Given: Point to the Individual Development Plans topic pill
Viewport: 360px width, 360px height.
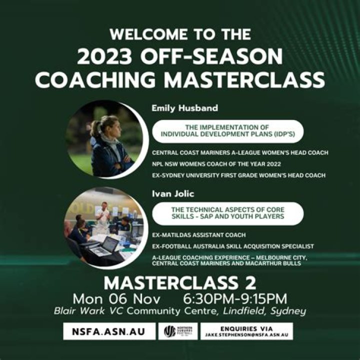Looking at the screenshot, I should click(x=227, y=131).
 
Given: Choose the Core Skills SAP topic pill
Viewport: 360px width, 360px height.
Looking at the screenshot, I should click(x=227, y=213).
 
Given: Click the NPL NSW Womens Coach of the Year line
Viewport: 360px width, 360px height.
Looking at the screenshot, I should click(x=217, y=163).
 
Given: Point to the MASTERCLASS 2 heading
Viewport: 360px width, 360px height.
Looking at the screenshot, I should click(x=180, y=283).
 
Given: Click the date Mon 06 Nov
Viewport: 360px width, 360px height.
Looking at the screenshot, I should click(x=116, y=299).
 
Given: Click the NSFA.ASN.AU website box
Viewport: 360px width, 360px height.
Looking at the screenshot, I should click(x=109, y=331).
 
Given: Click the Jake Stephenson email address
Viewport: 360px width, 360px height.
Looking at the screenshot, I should click(x=248, y=334).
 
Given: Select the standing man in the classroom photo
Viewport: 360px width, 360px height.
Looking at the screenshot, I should click(x=103, y=214).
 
